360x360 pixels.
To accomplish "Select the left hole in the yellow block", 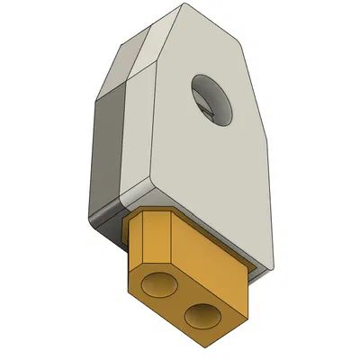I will pos(162,285).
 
